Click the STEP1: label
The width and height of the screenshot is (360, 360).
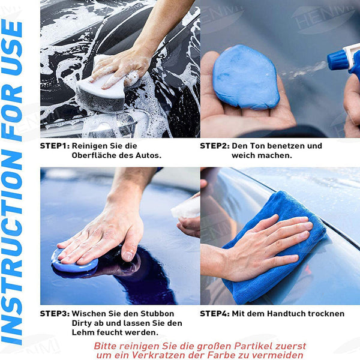[55, 146]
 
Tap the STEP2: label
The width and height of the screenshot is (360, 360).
[215, 146]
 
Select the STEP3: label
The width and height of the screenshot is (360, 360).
[55, 314]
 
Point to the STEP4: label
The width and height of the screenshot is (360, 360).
[215, 314]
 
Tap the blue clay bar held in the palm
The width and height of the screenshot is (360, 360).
[245, 77]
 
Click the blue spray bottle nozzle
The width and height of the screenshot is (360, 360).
[337, 60]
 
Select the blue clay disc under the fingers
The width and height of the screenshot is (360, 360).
[74, 263]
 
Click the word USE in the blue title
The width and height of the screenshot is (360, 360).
[12, 47]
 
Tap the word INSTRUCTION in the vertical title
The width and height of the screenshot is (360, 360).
[12, 247]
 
